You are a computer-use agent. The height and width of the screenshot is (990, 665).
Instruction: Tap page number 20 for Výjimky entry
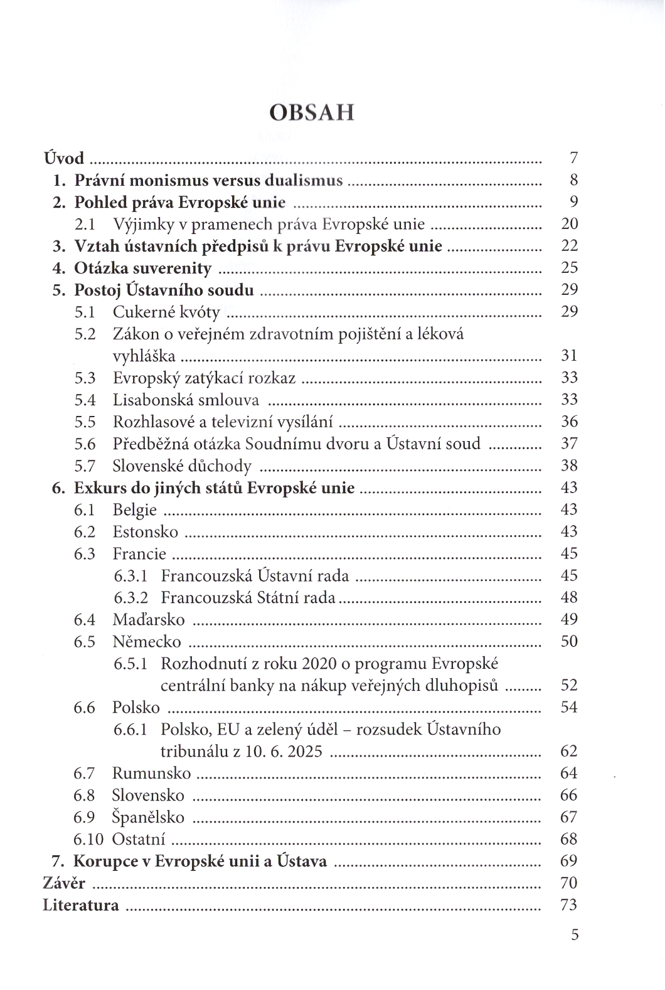(x=569, y=224)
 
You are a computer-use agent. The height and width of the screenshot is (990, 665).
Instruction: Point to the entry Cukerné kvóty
(x=166, y=312)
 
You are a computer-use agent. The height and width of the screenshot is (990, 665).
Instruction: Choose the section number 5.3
(x=85, y=378)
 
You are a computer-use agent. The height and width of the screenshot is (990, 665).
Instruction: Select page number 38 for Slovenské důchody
(x=569, y=466)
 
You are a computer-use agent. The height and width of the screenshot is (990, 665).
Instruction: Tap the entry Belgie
(x=134, y=510)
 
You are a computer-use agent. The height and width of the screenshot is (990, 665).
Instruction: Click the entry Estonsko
(x=145, y=532)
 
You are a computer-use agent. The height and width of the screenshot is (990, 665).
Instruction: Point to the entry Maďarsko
(x=149, y=620)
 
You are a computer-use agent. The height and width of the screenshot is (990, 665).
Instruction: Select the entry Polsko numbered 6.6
(x=136, y=708)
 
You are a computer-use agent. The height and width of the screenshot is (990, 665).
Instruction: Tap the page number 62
(x=569, y=752)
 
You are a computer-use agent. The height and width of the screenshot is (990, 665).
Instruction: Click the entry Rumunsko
(x=151, y=774)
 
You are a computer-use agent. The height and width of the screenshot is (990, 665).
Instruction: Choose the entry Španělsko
(x=148, y=817)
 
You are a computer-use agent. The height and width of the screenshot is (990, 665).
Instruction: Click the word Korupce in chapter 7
(x=103, y=861)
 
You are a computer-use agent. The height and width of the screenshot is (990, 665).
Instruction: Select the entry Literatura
(x=81, y=905)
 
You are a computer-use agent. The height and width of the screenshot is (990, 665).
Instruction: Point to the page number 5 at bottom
(x=575, y=935)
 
